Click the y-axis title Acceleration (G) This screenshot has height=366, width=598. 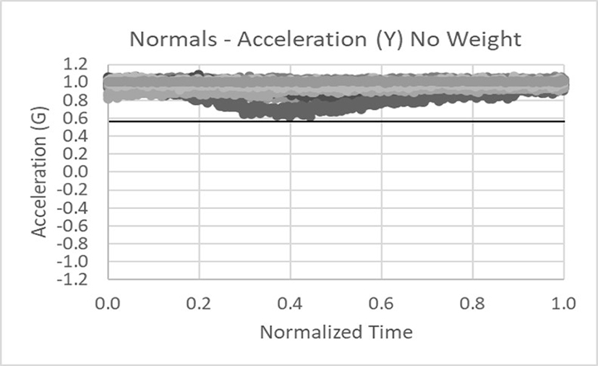[x=38, y=170]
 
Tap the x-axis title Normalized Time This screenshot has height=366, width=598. [x=336, y=333]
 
